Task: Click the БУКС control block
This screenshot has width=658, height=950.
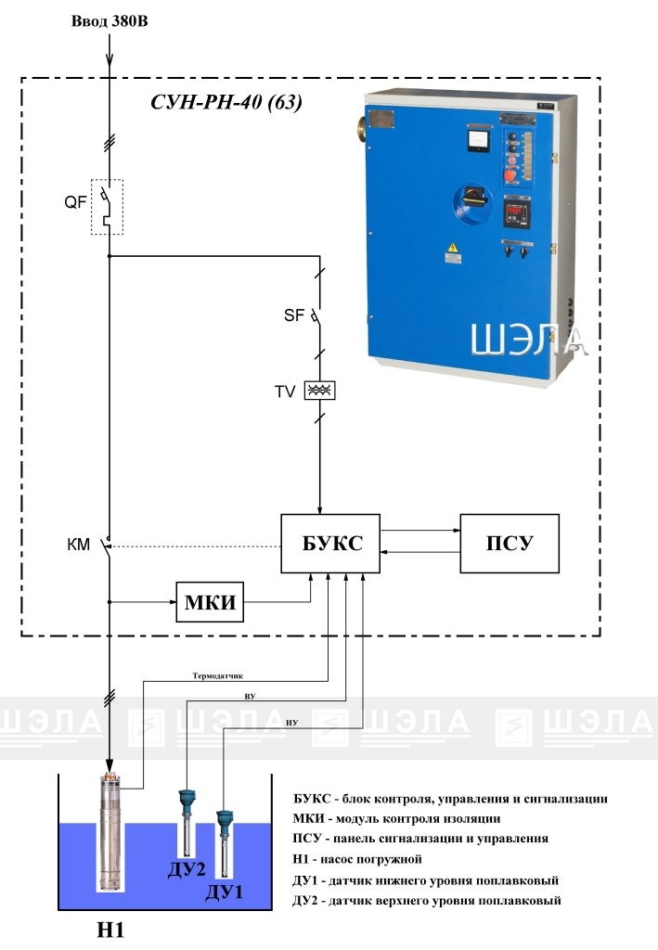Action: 329,544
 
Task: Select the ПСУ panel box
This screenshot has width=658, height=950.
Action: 510,544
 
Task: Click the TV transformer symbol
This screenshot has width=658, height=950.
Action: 319,391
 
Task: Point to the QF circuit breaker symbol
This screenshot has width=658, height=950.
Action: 107,204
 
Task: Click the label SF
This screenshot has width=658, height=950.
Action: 293,316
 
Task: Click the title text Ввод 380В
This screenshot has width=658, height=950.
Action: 110,20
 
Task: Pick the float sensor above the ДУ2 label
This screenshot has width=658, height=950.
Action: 186,816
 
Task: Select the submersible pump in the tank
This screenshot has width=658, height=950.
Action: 110,830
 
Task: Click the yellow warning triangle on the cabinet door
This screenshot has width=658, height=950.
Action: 453,248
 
